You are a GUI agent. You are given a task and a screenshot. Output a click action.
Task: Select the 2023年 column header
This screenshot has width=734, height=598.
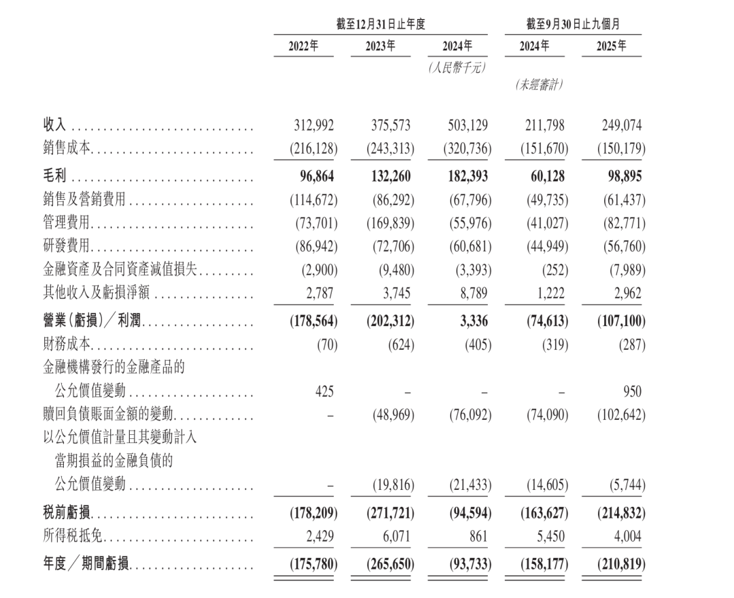pyautogui.click(x=381, y=46)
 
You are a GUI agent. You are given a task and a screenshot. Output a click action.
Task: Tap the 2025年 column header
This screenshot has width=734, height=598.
pyautogui.click(x=612, y=46)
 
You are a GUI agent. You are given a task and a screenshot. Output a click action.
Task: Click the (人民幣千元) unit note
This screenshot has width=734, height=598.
pyautogui.click(x=456, y=67)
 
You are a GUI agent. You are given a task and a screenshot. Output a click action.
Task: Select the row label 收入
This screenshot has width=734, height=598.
pyautogui.click(x=55, y=126)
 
